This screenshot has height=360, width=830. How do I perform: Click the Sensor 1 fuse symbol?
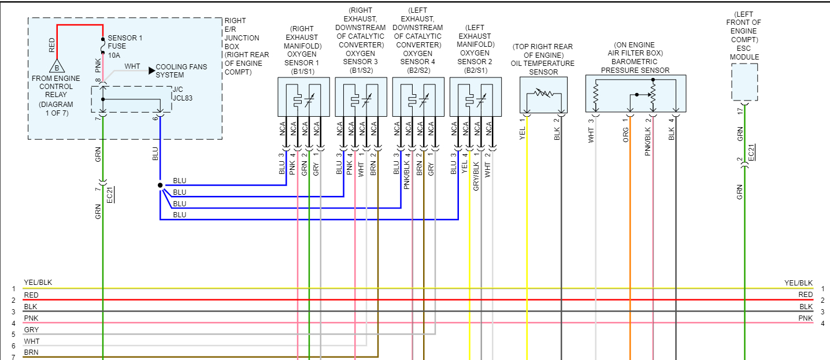tap(103, 45)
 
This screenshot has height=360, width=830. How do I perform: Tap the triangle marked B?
tap(56, 66)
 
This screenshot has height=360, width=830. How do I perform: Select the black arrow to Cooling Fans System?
tap(151, 70)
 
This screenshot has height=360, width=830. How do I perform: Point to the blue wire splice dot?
tap(160, 185)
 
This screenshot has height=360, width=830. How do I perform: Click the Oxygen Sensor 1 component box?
tap(303, 97)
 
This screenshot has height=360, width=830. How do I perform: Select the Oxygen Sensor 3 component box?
tap(361, 97)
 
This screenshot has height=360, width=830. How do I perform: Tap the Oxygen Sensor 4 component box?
tap(418, 97)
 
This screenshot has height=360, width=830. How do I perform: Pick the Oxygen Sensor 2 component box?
tap(475, 97)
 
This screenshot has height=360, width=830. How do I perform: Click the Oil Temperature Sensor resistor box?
tap(543, 95)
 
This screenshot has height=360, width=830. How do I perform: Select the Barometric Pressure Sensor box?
tap(635, 93)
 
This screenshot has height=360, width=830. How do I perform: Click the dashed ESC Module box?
tap(744, 82)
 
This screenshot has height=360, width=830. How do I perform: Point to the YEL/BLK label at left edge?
tap(38, 283)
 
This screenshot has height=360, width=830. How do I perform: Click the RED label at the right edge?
tap(805, 295)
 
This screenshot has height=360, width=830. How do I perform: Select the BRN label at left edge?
tap(31, 352)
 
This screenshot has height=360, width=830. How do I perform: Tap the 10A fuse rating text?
tap(114, 56)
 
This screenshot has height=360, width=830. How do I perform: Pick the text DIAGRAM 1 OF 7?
tap(56, 108)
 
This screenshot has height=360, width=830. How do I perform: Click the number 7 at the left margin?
tap(13, 357)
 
